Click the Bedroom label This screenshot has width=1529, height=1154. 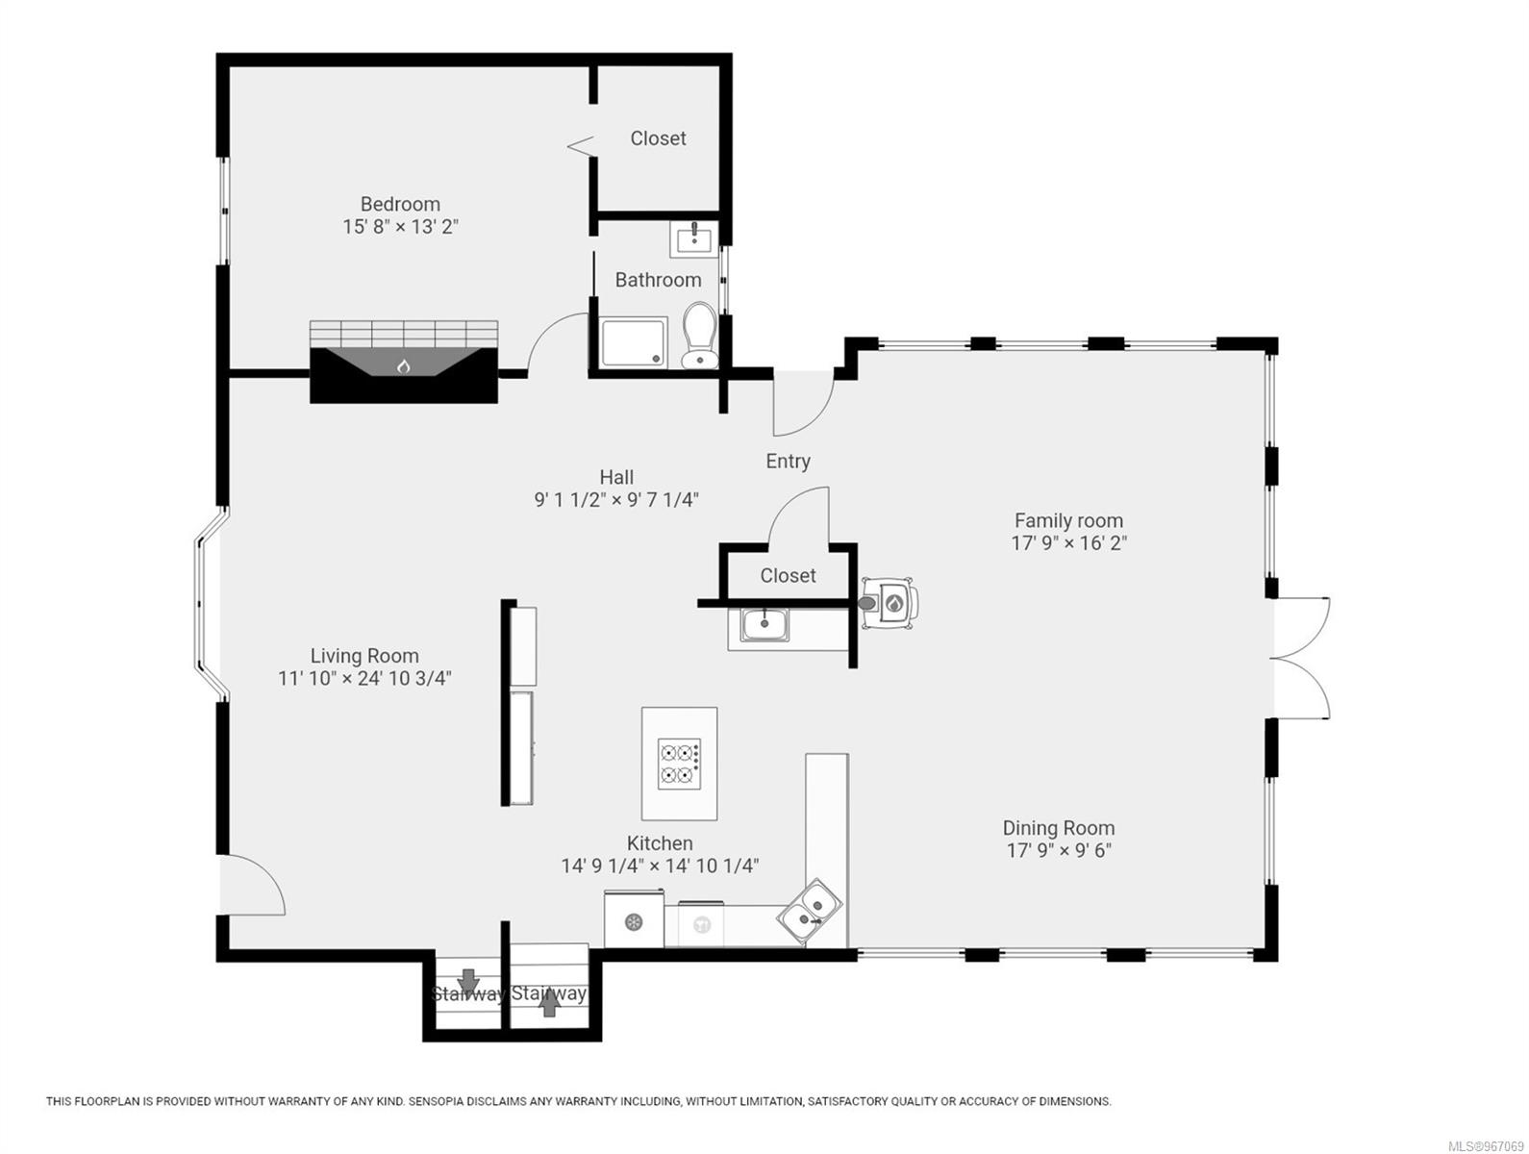pos(400,204)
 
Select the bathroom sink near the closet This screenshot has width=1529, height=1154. pos(694,238)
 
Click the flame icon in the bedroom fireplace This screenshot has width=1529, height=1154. pos(404,365)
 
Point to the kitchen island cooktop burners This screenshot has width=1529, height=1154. pos(679,764)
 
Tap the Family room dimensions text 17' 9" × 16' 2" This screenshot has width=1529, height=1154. pos(1068,543)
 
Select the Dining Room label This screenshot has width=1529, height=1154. pos(1058,828)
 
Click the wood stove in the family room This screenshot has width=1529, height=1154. pos(890,604)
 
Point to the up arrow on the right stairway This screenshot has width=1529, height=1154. pos(549,1004)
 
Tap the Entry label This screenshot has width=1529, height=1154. pos(788,462)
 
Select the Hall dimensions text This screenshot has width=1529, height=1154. pos(615,500)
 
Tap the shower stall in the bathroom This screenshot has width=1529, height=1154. pos(633,342)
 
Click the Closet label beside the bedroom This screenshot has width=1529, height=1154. pos(658,138)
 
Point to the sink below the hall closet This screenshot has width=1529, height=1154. pos(764,624)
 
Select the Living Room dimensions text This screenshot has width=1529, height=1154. pos(364,679)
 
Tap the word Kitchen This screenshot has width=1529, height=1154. pos(660,843)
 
